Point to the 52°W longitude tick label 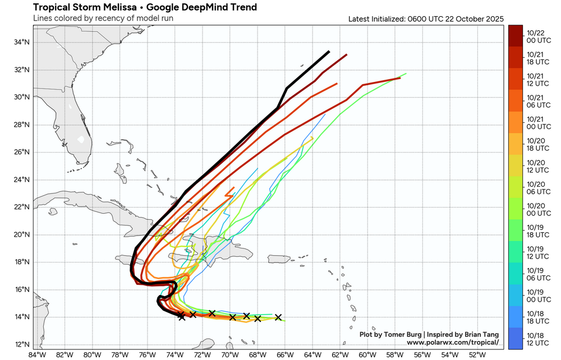[477, 354]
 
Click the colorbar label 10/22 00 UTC [536, 36]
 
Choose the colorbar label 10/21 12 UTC [536, 80]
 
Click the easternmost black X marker [278, 317]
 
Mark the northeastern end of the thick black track [329, 52]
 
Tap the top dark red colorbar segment [515, 36]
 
